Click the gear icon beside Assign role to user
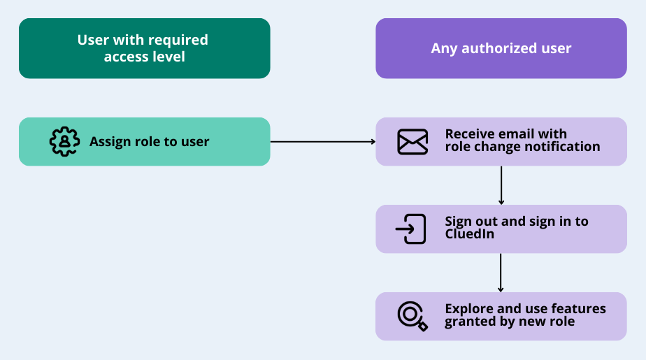pos(64,141)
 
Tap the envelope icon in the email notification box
pos(412,142)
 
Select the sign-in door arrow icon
pos(411,229)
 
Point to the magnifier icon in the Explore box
pos(412,315)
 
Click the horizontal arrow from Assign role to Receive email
pos(322,142)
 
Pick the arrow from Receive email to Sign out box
pos(501,185)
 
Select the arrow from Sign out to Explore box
pos(501,272)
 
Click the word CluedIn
pos(469,234)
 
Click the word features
pos(578,308)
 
